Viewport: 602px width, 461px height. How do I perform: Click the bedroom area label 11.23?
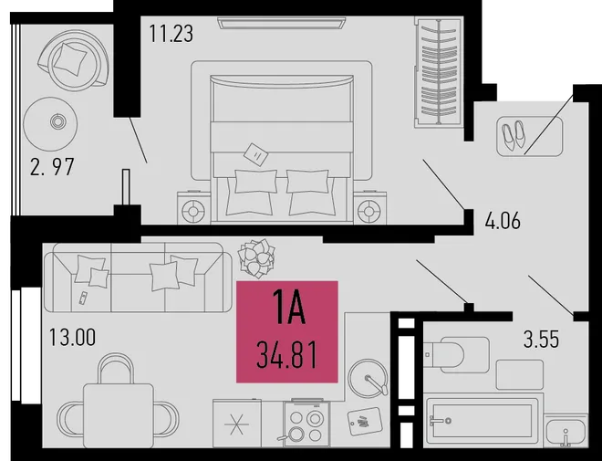[x=171, y=34]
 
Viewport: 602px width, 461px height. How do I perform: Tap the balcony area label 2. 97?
[x=52, y=167]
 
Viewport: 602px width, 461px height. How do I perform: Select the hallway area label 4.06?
[x=503, y=221]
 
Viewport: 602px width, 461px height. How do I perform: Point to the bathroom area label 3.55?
[x=541, y=340]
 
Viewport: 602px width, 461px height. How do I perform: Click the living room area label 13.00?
[x=73, y=338]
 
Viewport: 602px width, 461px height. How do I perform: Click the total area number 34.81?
[x=286, y=355]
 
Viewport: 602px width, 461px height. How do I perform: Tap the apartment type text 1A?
[x=288, y=308]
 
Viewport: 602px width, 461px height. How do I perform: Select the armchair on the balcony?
[x=73, y=60]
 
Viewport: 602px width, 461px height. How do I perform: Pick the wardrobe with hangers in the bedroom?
[x=438, y=72]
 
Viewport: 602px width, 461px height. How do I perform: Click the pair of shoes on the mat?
[x=514, y=136]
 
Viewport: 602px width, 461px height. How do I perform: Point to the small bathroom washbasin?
[x=566, y=430]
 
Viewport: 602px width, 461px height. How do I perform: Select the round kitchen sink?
[x=368, y=379]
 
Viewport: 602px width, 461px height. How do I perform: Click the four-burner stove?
[x=306, y=424]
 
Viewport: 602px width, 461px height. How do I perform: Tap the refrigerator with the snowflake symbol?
[x=237, y=424]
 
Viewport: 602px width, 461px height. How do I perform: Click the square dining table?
[x=119, y=415]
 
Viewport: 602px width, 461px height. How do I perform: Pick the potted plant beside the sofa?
[x=256, y=257]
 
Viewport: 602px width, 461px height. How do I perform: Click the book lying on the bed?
[x=255, y=154]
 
